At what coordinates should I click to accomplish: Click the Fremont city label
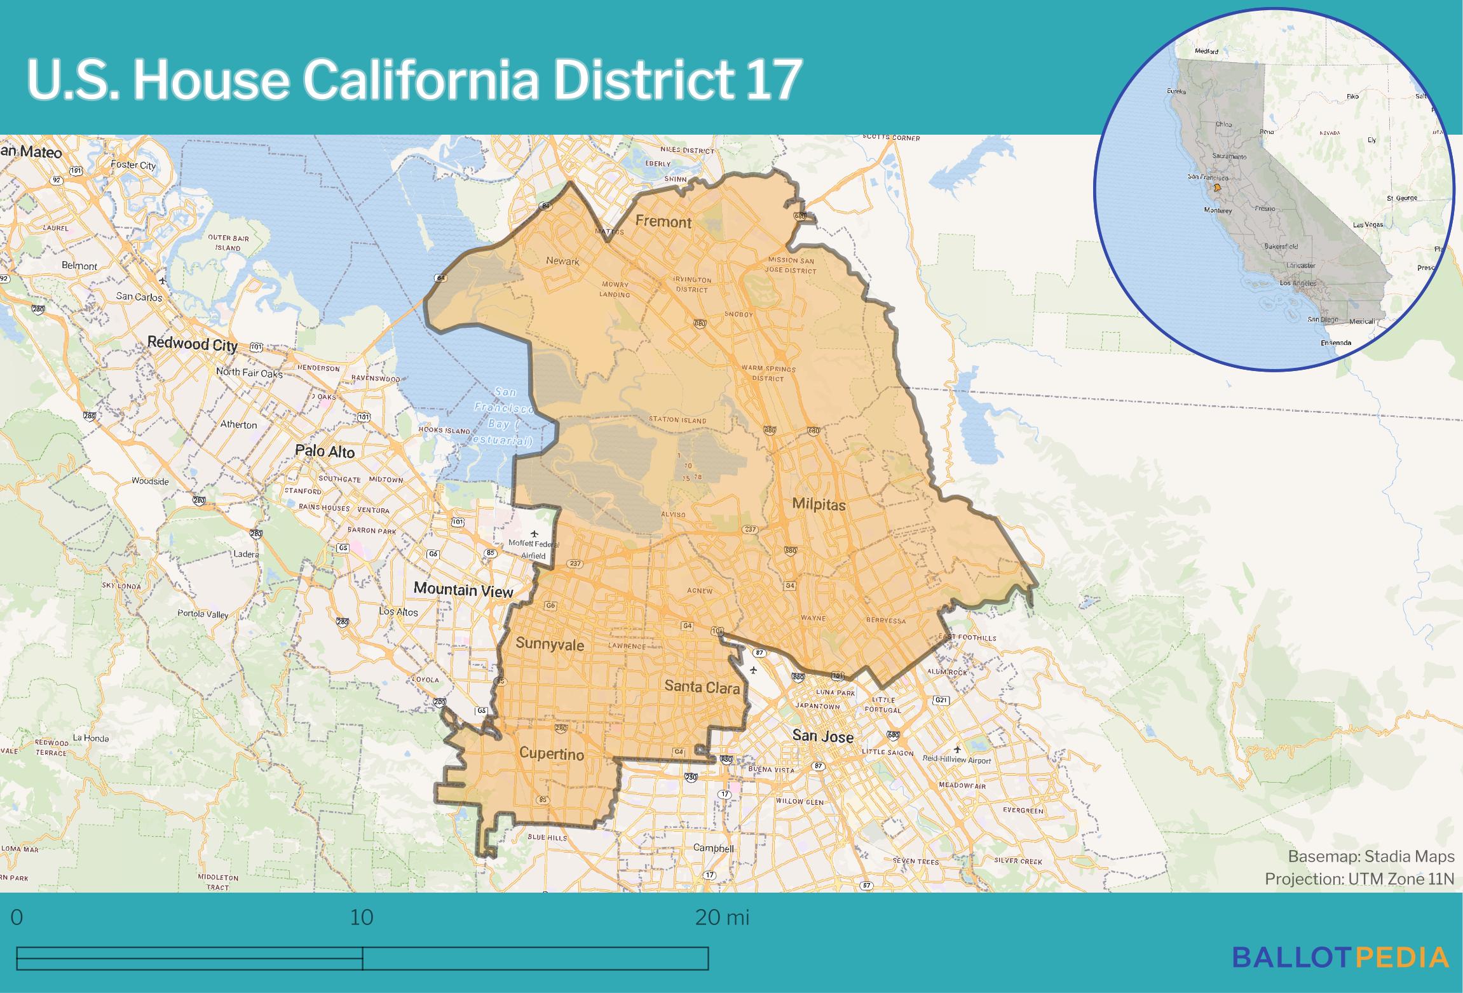tap(663, 222)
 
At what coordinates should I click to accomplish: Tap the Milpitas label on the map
tap(819, 505)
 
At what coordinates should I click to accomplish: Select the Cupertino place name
tap(551, 754)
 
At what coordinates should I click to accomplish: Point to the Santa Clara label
tap(702, 687)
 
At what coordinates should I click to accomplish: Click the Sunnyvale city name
tap(549, 644)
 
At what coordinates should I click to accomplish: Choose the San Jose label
tap(822, 736)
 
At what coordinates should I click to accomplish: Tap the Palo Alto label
tap(325, 452)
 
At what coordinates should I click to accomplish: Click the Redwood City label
tap(192, 344)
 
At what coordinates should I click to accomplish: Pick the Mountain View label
tap(463, 590)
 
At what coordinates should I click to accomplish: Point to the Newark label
tap(562, 261)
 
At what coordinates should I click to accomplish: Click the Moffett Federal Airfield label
tap(533, 549)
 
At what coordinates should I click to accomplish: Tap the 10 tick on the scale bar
tap(362, 917)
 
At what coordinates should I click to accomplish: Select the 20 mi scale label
tap(722, 917)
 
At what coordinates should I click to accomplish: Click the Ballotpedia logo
tap(1340, 957)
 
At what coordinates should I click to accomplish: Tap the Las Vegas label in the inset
tap(1368, 225)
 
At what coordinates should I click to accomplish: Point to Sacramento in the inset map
tap(1229, 156)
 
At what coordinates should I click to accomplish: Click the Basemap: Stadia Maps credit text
tap(1371, 857)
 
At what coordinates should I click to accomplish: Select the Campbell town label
tap(713, 848)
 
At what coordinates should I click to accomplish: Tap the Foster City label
tap(133, 165)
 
